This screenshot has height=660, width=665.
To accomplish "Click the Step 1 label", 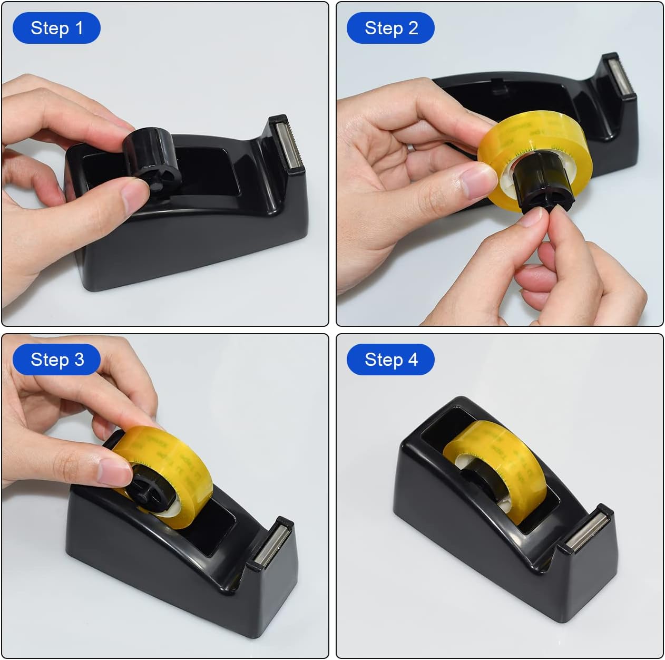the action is click(x=56, y=28).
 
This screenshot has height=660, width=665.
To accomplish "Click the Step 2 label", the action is click(x=390, y=28).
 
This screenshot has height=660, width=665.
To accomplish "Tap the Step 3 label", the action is click(x=56, y=360).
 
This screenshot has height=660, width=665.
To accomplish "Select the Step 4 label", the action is click(x=390, y=360).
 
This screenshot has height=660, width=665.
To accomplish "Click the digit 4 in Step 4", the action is click(x=413, y=360).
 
